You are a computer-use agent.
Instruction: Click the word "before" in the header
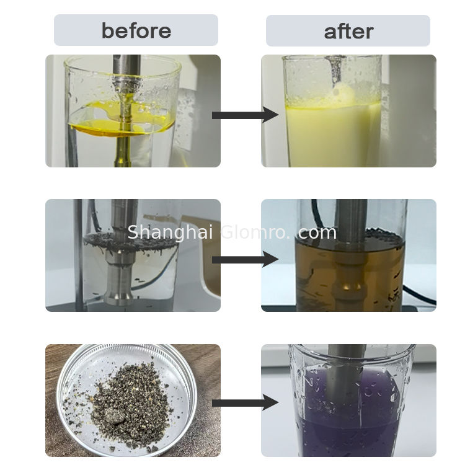(x=136, y=30)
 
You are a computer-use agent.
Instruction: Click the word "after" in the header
(x=348, y=31)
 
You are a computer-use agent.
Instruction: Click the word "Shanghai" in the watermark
(x=170, y=232)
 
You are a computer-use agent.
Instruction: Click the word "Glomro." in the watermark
(x=255, y=232)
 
